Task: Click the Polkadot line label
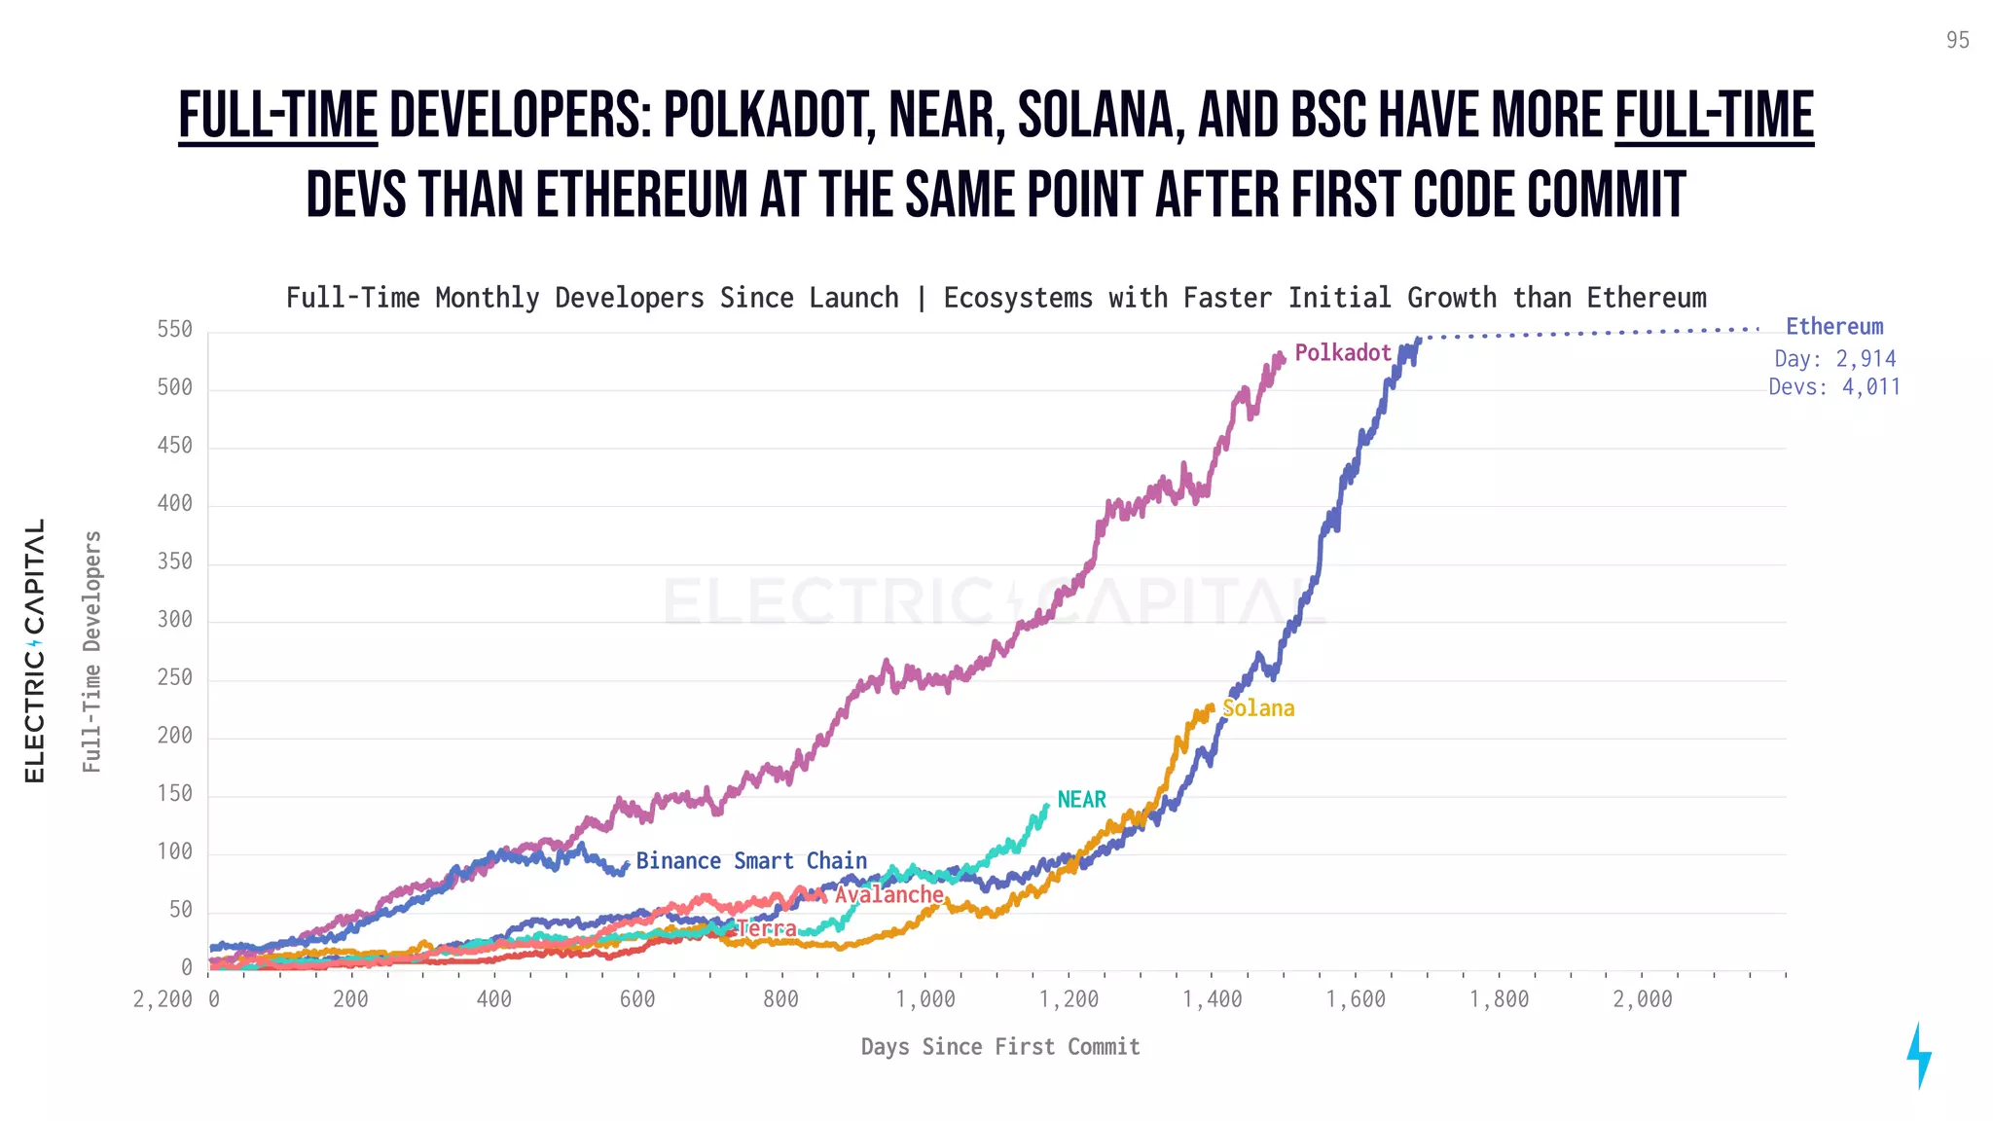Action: pyautogui.click(x=1342, y=353)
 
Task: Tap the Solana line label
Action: pyautogui.click(x=1258, y=708)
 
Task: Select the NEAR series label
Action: pyautogui.click(x=1081, y=799)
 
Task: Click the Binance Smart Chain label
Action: pyautogui.click(x=751, y=861)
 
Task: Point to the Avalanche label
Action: pyautogui.click(x=888, y=894)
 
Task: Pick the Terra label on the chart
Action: pyautogui.click(x=767, y=928)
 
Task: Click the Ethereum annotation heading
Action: pyautogui.click(x=1834, y=327)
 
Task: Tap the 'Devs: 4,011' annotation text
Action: pyautogui.click(x=1834, y=387)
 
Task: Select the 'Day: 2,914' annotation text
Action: pyautogui.click(x=1834, y=358)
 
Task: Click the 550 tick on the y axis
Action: pyautogui.click(x=175, y=330)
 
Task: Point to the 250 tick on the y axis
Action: pyautogui.click(x=175, y=677)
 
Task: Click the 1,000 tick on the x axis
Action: pyautogui.click(x=925, y=999)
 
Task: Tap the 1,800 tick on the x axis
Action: pyautogui.click(x=1499, y=999)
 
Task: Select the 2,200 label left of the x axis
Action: pyautogui.click(x=163, y=999)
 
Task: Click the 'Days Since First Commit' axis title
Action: pyautogui.click(x=1000, y=1047)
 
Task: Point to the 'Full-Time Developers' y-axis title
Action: pyautogui.click(x=91, y=652)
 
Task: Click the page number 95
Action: pyautogui.click(x=1957, y=40)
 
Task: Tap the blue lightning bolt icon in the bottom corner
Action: pyautogui.click(x=1918, y=1055)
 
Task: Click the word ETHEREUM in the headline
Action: pyautogui.click(x=642, y=195)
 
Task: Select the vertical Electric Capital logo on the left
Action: pyautogui.click(x=35, y=650)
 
